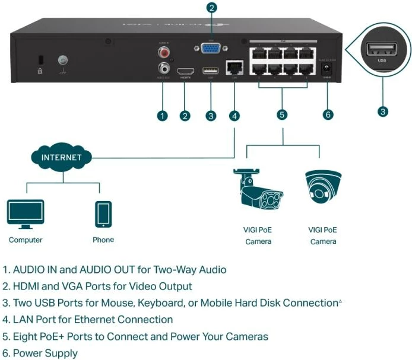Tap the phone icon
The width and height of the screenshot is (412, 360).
(103, 214)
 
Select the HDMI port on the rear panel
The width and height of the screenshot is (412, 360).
(186, 70)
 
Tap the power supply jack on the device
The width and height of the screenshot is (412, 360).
(325, 71)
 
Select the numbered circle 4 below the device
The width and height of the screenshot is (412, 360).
(234, 115)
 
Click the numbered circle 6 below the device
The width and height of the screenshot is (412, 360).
(328, 114)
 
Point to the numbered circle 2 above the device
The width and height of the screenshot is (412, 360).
(212, 8)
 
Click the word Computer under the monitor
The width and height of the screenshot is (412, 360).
(26, 240)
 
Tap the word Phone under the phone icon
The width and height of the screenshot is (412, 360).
(103, 240)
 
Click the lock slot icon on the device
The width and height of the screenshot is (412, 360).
(40, 60)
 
